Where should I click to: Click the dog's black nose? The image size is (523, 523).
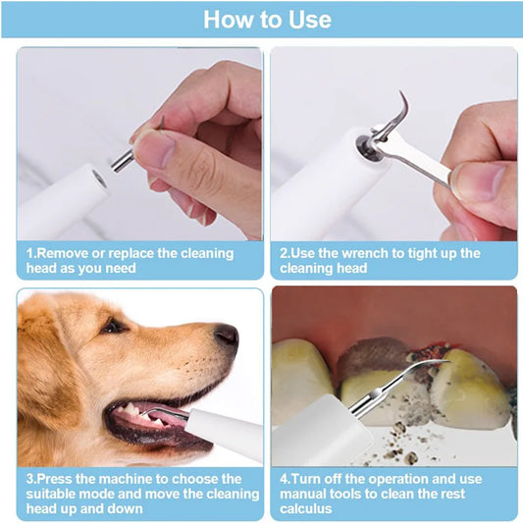tap(227, 336)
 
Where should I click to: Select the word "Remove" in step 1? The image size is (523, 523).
tap(62, 253)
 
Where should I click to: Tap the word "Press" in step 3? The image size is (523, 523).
tap(60, 479)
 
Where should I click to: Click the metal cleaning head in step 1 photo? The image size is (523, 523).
tap(122, 158)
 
